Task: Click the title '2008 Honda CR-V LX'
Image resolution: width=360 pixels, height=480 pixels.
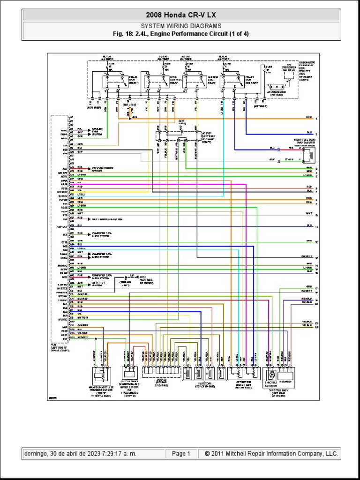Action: point(180,15)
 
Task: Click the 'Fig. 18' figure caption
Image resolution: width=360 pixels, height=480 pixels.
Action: point(180,34)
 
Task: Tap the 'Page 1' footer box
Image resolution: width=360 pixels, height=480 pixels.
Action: point(181,454)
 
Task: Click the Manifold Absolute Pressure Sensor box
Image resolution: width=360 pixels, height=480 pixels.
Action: point(100,375)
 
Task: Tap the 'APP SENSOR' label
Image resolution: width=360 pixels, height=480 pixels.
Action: point(242,382)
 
